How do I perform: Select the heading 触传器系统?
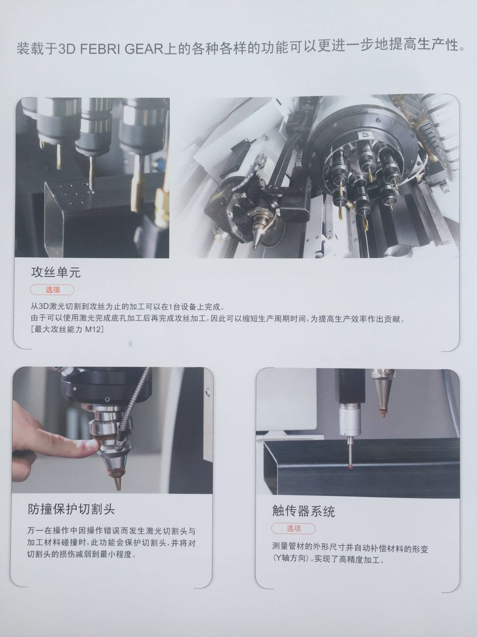tap(303, 511)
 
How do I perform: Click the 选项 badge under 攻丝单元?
tap(52, 290)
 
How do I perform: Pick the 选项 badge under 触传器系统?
tap(293, 529)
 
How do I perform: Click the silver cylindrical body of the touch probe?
tap(350, 421)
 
